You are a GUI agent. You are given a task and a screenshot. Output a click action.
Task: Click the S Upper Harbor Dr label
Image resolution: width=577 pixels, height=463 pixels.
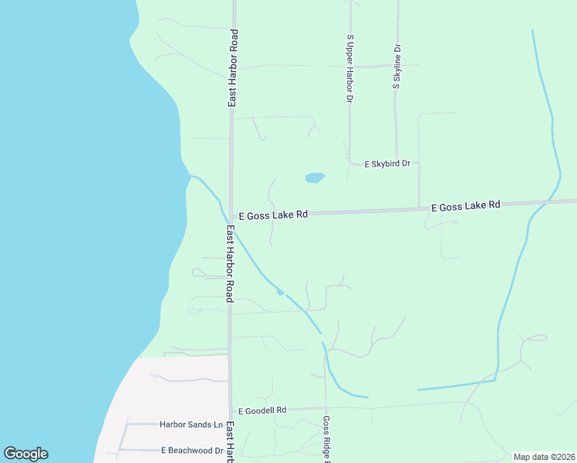pyautogui.click(x=350, y=69)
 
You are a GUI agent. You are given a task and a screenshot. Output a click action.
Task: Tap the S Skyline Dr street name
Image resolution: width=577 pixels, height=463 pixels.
pyautogui.click(x=396, y=66)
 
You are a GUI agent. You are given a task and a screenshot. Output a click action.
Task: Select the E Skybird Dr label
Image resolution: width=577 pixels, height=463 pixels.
pyautogui.click(x=387, y=164)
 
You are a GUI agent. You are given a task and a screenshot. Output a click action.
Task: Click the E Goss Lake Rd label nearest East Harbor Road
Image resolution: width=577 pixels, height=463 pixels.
pyautogui.click(x=273, y=215)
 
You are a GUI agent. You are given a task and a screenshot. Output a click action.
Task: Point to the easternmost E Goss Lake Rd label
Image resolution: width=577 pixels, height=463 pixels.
pyautogui.click(x=465, y=206)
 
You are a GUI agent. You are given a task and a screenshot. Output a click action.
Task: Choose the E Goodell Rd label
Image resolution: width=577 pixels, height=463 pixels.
pyautogui.click(x=262, y=410)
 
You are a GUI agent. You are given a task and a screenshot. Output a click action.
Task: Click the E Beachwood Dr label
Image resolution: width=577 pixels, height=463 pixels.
pyautogui.click(x=192, y=450)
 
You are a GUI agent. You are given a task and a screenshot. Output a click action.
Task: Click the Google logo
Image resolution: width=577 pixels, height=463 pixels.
pyautogui.click(x=25, y=454)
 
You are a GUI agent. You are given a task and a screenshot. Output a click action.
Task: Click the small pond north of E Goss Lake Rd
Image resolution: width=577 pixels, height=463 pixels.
pyautogui.click(x=315, y=177)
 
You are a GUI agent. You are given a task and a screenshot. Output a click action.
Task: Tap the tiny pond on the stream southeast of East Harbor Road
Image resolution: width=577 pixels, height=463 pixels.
pyautogui.click(x=280, y=292)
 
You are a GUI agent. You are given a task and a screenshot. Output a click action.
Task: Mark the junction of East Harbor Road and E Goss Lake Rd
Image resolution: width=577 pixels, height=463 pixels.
pyautogui.click(x=231, y=216)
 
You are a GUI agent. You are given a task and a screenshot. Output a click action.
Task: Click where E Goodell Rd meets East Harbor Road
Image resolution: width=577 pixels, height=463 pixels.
pyautogui.click(x=230, y=410)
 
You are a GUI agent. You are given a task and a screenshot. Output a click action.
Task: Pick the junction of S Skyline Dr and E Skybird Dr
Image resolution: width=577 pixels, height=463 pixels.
pyautogui.click(x=396, y=163)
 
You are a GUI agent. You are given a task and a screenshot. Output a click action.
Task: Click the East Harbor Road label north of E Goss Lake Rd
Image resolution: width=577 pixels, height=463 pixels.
pyautogui.click(x=232, y=68)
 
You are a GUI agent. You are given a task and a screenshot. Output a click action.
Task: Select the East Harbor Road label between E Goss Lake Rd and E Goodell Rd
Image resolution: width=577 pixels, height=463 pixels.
pyautogui.click(x=230, y=264)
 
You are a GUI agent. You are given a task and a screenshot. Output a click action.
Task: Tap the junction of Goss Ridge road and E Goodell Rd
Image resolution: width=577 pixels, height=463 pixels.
pyautogui.click(x=326, y=407)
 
